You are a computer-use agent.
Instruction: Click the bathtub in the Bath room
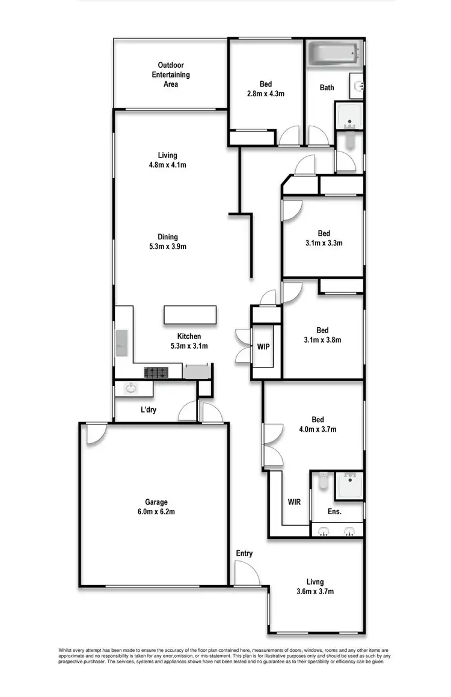[334, 54]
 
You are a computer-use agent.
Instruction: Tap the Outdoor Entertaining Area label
[170, 75]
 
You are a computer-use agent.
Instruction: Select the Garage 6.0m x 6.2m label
[156, 507]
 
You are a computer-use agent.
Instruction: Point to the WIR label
[294, 502]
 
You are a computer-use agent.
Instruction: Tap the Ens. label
[335, 512]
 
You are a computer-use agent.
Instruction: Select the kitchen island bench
[189, 315]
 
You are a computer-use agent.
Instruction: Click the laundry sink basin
[130, 388]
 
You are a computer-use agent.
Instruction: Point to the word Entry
[244, 553]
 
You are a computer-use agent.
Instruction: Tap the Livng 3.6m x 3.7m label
[315, 586]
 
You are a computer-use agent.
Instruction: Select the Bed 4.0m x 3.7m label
[318, 425]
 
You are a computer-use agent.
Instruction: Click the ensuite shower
[349, 485]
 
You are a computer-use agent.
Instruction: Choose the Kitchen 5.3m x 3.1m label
[189, 341]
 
